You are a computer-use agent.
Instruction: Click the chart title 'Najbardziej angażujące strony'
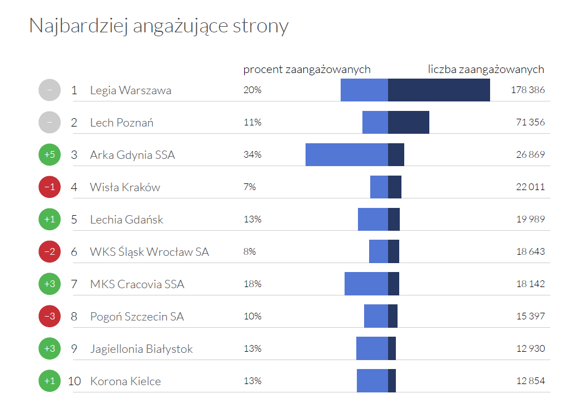click(159, 26)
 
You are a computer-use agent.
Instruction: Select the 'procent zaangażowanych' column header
click(307, 70)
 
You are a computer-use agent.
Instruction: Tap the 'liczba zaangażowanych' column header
click(486, 70)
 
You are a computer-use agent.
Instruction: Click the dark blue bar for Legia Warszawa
click(439, 90)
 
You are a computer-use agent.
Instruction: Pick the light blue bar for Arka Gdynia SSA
click(346, 154)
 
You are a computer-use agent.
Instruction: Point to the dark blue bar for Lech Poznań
click(409, 122)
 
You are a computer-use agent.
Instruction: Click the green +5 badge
click(50, 154)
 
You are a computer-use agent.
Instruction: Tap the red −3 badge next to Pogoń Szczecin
click(50, 317)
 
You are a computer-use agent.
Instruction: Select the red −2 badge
click(50, 252)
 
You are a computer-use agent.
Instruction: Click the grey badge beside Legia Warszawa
click(50, 90)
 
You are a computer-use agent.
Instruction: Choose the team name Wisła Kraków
click(125, 187)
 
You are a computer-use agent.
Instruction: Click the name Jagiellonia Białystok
click(141, 349)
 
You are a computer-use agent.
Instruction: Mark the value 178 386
click(527, 90)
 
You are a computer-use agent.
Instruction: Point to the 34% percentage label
click(252, 154)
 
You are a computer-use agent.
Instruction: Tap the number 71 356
click(530, 122)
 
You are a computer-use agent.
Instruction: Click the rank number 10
click(75, 381)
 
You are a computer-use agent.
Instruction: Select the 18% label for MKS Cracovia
click(252, 284)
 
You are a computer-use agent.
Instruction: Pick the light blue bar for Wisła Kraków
click(379, 187)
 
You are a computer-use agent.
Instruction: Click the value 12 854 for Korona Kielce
click(530, 381)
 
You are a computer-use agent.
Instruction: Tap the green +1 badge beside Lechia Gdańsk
click(50, 220)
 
